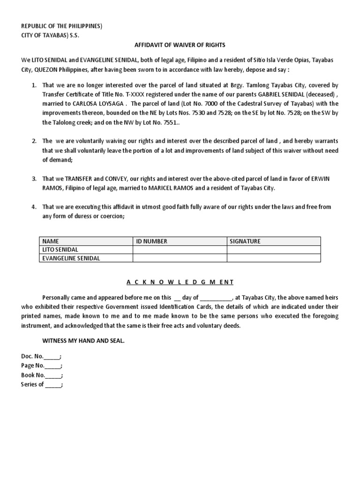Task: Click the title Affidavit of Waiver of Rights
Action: pos(180,45)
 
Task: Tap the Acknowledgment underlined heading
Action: pos(180,282)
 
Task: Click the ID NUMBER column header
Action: pos(151,241)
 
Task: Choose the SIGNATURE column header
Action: pos(245,241)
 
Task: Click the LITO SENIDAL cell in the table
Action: pos(60,250)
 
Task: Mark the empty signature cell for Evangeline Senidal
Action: pos(274,258)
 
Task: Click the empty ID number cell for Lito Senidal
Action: pos(180,250)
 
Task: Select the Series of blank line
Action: pos(53,384)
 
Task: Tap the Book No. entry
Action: pos(42,375)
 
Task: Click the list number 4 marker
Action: pos(34,207)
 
